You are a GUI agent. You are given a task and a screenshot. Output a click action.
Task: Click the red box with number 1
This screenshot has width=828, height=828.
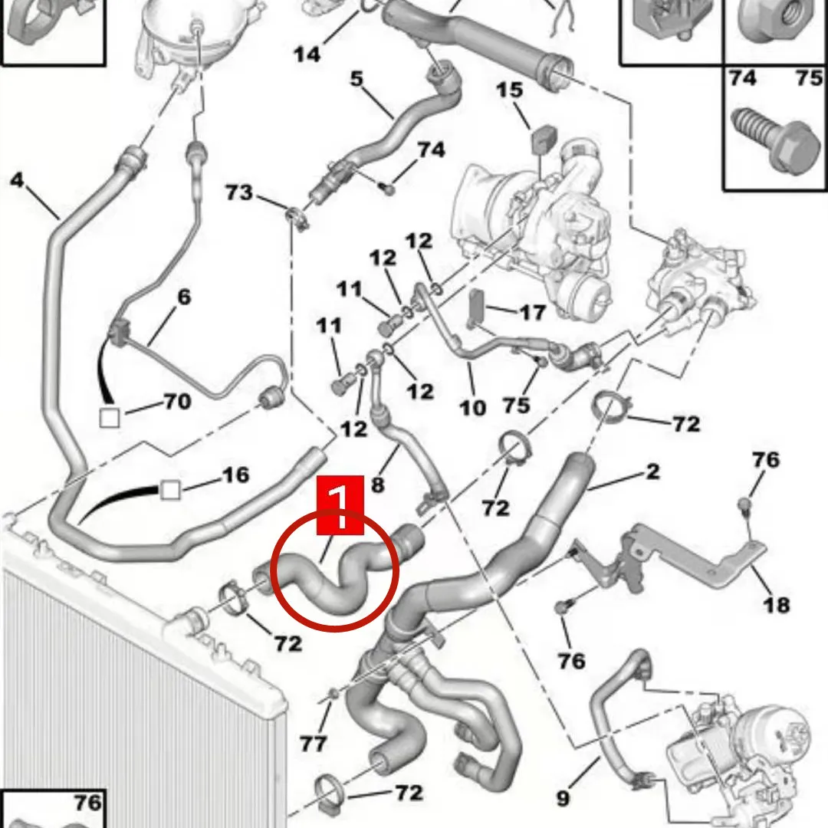(x=340, y=504)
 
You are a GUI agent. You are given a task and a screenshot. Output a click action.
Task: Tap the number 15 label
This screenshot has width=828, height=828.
(x=509, y=91)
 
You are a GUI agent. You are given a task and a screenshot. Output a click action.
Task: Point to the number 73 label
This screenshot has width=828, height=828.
(x=239, y=192)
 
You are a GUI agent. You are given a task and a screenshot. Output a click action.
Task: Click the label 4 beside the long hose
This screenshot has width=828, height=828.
(x=17, y=181)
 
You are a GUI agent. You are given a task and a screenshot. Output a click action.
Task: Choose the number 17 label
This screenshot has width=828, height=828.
(x=532, y=312)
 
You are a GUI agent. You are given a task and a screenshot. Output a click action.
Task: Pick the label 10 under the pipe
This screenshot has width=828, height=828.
(x=473, y=406)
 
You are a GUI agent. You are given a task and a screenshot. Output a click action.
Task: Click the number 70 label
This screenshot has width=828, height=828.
(x=176, y=401)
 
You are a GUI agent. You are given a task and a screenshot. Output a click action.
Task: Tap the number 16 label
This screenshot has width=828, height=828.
(x=235, y=475)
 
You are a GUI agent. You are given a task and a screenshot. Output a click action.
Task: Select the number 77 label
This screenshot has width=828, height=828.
(x=314, y=742)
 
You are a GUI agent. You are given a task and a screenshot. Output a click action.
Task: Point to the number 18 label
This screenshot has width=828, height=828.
(x=776, y=604)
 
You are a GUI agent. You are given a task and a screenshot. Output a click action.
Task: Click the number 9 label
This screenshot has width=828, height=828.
(x=563, y=798)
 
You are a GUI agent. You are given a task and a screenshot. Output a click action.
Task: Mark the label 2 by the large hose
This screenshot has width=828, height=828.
(x=652, y=472)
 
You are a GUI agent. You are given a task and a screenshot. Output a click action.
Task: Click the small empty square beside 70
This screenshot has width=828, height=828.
(x=110, y=418)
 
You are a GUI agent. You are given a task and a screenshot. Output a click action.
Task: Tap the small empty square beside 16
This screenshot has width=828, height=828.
(x=169, y=489)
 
